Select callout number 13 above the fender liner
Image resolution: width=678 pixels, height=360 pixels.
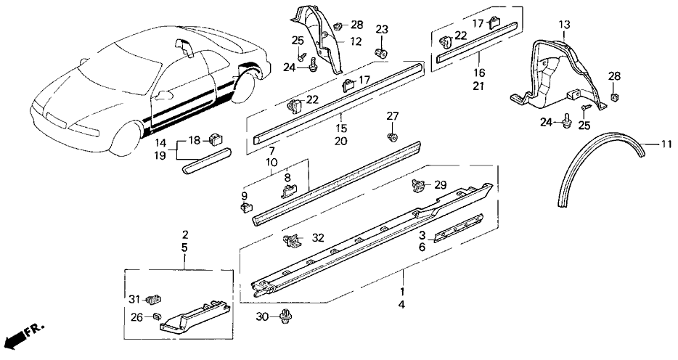pyautogui.click(x=565, y=25)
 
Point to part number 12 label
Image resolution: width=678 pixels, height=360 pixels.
pyautogui.click(x=356, y=43)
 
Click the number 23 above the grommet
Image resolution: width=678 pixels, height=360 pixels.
pyautogui.click(x=382, y=30)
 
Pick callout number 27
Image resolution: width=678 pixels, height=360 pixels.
pyautogui.click(x=392, y=116)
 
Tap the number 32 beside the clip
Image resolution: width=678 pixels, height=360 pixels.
pyautogui.click(x=317, y=237)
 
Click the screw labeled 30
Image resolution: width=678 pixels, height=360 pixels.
pyautogui.click(x=282, y=318)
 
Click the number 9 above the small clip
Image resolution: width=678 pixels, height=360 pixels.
pyautogui.click(x=244, y=196)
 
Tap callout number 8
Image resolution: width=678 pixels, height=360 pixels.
pyautogui.click(x=287, y=176)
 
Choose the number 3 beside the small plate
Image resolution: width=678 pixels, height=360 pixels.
pyautogui.click(x=421, y=234)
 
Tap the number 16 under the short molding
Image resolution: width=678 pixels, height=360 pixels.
pyautogui.click(x=479, y=74)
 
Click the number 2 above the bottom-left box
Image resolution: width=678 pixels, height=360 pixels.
pyautogui.click(x=185, y=234)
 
